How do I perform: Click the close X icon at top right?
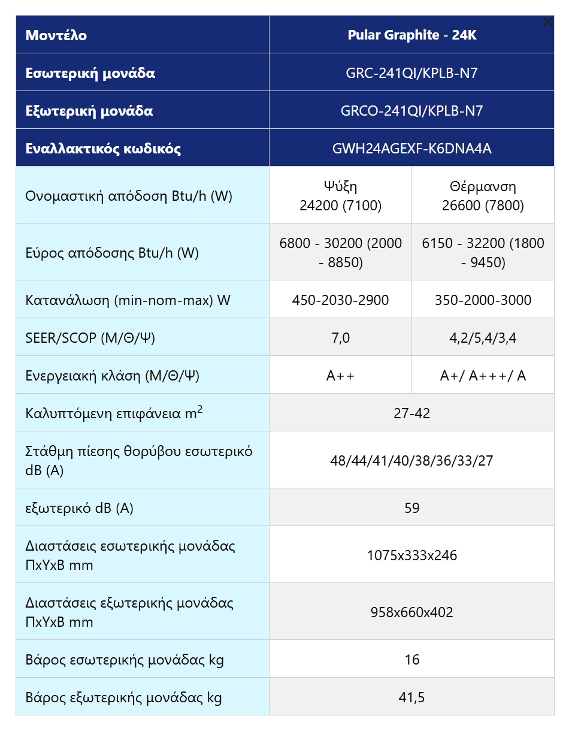(547, 22)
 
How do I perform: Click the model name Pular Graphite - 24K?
(412, 35)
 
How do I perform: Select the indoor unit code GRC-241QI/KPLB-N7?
(412, 73)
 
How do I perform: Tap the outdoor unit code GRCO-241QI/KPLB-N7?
(412, 111)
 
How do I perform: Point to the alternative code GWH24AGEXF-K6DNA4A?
(412, 149)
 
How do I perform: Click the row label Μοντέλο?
(56, 35)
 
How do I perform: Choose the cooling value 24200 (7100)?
(340, 206)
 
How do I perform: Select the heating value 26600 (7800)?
(483, 206)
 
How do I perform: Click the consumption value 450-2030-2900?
(340, 300)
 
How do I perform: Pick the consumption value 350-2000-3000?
(483, 300)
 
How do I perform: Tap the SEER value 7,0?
(340, 338)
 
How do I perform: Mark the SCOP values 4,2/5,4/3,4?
(483, 338)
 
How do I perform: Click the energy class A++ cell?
(340, 376)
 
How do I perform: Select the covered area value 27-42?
(412, 413)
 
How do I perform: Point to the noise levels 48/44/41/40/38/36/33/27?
(412, 461)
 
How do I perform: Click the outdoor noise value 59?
(412, 508)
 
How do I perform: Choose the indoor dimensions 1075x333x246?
(412, 555)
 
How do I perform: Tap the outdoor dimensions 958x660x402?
(412, 612)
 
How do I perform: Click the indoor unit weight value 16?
(412, 660)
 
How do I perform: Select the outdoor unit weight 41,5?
(412, 697)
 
